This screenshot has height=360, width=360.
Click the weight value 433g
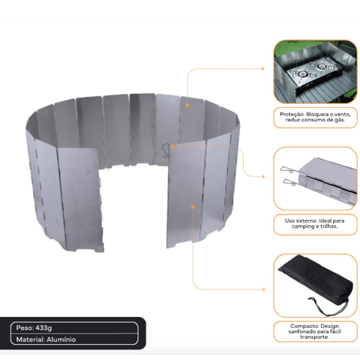point(44,328)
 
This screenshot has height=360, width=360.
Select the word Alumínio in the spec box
point(61,340)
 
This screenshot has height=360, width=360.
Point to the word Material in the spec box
point(30,340)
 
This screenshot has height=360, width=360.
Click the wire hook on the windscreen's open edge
point(165,150)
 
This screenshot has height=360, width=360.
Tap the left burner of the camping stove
point(303,74)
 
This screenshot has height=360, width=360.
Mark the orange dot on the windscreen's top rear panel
point(188,105)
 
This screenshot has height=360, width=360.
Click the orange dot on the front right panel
point(193,207)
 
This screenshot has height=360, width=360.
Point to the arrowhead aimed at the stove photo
point(263,69)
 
